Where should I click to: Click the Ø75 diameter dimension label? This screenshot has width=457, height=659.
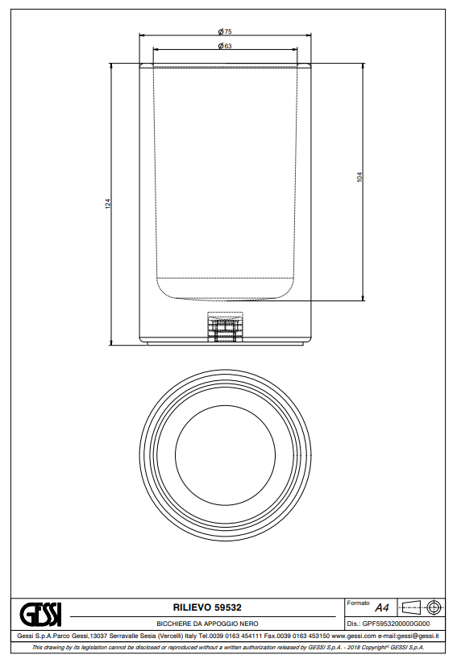point(225,31)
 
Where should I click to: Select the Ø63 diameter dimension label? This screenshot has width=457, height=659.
point(225,46)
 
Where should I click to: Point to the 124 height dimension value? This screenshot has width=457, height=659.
point(108,204)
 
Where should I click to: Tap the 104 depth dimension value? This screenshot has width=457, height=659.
point(359,177)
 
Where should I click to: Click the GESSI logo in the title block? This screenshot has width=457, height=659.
point(40,615)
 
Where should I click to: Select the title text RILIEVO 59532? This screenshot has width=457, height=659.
point(207,607)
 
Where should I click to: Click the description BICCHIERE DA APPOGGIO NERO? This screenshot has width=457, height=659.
point(207,624)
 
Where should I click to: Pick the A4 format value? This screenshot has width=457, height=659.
point(382,607)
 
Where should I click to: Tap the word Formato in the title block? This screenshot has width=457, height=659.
point(358,603)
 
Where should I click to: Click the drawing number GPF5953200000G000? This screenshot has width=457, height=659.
point(396,624)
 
